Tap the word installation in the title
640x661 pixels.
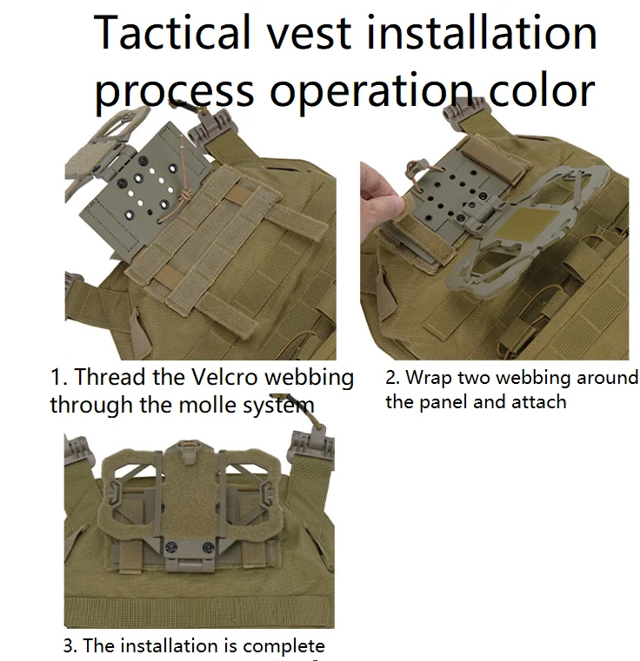[482, 32]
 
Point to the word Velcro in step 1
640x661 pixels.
[224, 376]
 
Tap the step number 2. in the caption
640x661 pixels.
[393, 378]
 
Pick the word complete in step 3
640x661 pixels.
[283, 646]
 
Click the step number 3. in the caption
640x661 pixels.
[70, 645]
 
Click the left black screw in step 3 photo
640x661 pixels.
[171, 546]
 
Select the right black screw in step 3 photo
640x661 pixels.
[208, 547]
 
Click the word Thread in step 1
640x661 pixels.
[110, 376]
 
